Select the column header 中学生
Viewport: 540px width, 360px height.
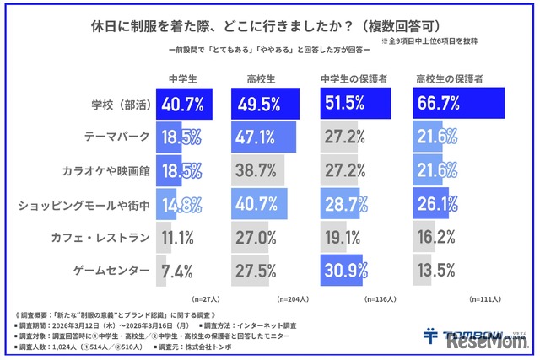coord(182,81)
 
